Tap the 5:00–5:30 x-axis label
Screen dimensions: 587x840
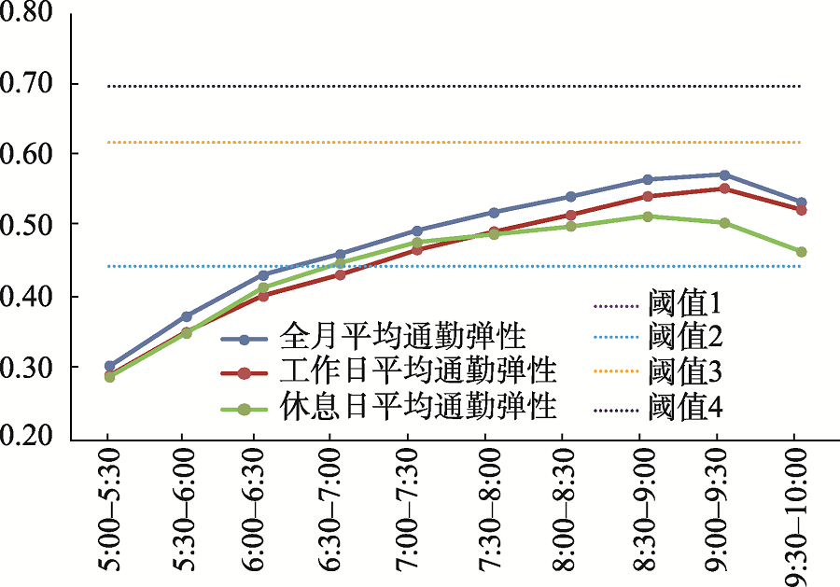[109, 515]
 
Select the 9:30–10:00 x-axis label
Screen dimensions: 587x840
[794, 515]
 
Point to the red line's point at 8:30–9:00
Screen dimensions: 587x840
[639, 196]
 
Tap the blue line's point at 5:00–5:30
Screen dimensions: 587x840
[109, 367]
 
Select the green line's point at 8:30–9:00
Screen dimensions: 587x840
[639, 217]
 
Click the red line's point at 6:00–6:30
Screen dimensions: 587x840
[262, 296]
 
